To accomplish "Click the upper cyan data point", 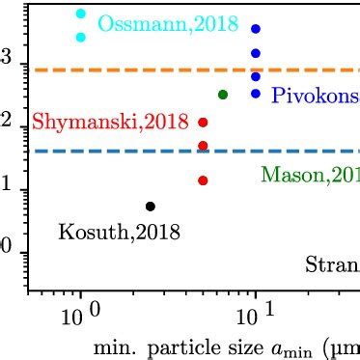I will (x=81, y=14).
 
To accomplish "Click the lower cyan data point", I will (x=81, y=37).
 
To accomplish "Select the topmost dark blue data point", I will (x=255, y=30).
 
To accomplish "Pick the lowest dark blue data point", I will (x=255, y=94).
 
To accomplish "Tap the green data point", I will (x=223, y=95).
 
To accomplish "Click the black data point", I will (x=150, y=207).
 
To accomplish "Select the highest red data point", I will (x=203, y=123).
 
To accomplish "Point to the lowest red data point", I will (x=203, y=180).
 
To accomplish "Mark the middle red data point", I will (x=203, y=146).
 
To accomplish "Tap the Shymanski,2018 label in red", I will (x=110, y=123).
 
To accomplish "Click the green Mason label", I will (x=309, y=175).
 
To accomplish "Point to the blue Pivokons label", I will (x=315, y=96).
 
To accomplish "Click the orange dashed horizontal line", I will (x=145, y=69).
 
